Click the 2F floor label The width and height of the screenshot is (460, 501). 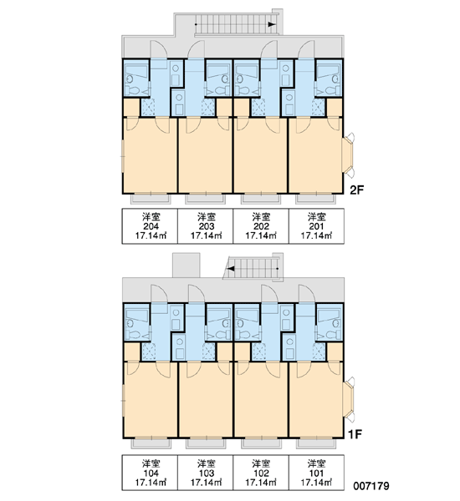(357, 190)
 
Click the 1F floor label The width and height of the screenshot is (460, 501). (355, 434)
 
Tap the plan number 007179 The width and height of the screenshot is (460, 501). (371, 486)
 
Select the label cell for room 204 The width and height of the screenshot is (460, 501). (150, 226)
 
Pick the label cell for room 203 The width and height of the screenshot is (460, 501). (206, 226)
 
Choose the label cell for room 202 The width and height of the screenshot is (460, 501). (261, 226)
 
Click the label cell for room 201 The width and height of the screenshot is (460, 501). (317, 226)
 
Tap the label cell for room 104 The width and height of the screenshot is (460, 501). (150, 473)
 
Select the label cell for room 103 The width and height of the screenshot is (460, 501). (206, 473)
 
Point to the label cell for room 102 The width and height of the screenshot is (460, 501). (261, 473)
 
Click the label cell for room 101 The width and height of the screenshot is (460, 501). (317, 473)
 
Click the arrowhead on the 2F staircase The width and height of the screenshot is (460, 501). (272, 24)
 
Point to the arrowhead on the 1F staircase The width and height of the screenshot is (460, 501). (231, 268)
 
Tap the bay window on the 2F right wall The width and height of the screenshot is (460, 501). (348, 155)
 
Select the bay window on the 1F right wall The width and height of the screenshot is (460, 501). (348, 399)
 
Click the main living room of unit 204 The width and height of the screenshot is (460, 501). (150, 155)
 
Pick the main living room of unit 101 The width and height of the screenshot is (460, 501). (316, 399)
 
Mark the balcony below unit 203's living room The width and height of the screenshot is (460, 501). (205, 199)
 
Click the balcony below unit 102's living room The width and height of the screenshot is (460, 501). (261, 443)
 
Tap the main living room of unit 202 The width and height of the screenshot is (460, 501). (261, 155)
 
